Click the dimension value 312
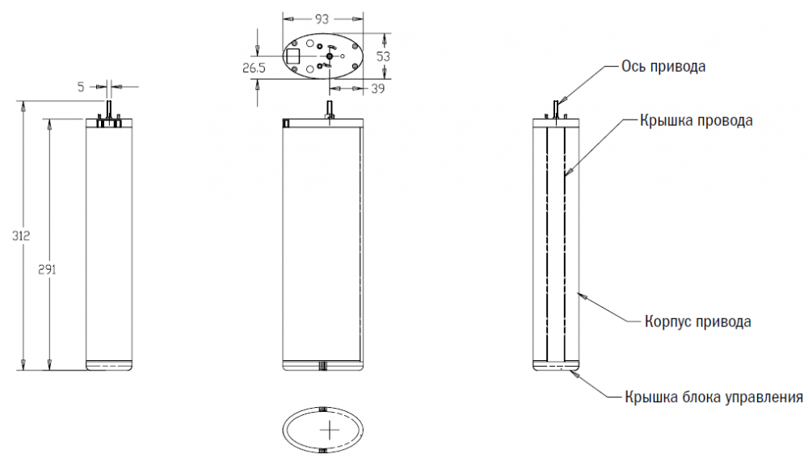pyautogui.click(x=21, y=236)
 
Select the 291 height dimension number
pyautogui.click(x=48, y=270)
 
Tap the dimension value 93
pyautogui.click(x=322, y=19)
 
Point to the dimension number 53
pyautogui.click(x=383, y=57)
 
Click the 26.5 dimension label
pyautogui.click(x=254, y=68)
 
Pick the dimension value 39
pyautogui.click(x=377, y=89)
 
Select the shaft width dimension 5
pyautogui.click(x=81, y=87)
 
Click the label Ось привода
pyautogui.click(x=663, y=66)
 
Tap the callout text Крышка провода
pyautogui.click(x=696, y=120)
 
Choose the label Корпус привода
pyautogui.click(x=698, y=321)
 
